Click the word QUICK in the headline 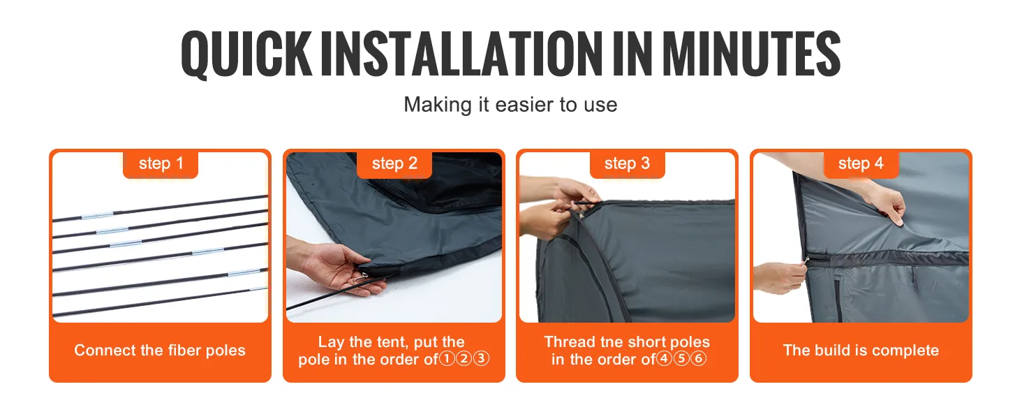[246, 54]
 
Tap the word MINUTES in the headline [751, 53]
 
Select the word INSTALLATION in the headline [461, 53]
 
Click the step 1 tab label [161, 163]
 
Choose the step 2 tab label [394, 163]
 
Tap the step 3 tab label [628, 163]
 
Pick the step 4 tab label [861, 163]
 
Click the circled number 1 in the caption [447, 359]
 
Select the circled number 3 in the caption [482, 359]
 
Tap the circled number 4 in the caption [664, 359]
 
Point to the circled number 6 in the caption [699, 359]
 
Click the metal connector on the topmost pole [97, 216]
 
